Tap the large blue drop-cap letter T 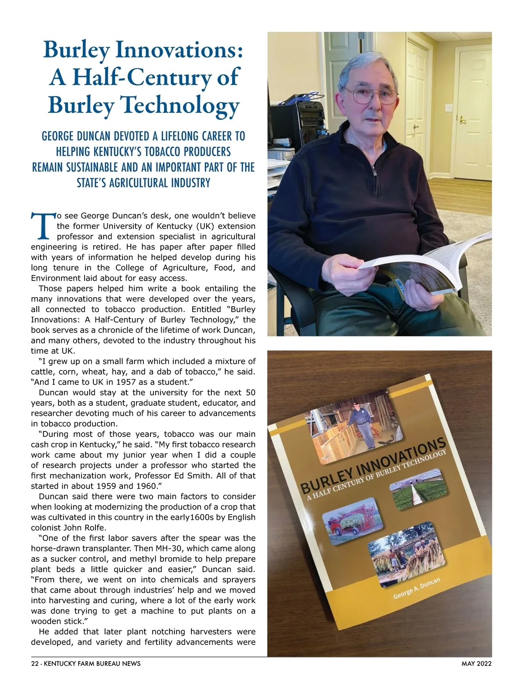(43, 226)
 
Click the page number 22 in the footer (35, 664)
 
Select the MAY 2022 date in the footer (476, 664)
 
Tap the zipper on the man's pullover (374, 170)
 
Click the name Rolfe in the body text (93, 528)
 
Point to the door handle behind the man (461, 119)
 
